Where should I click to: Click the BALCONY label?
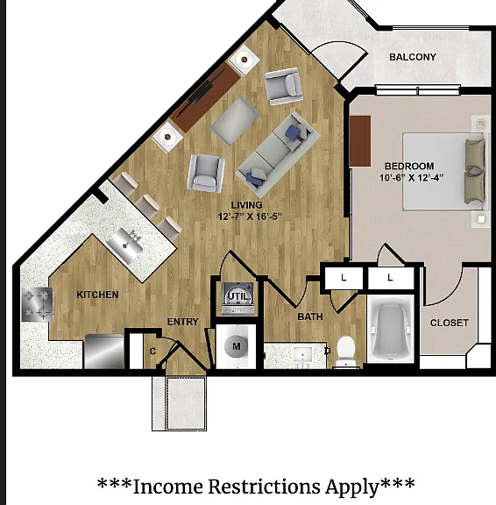pyautogui.click(x=413, y=57)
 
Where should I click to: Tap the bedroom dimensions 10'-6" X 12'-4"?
pyautogui.click(x=411, y=177)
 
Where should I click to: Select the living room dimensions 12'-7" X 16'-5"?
pyautogui.click(x=250, y=217)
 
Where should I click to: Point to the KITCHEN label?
pyautogui.click(x=97, y=295)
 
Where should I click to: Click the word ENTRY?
pyautogui.click(x=183, y=322)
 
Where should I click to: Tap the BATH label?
pyautogui.click(x=310, y=317)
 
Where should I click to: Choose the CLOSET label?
pyautogui.click(x=449, y=323)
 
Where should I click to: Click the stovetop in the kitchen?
pyautogui.click(x=37, y=304)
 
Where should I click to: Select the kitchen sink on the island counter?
pyautogui.click(x=126, y=245)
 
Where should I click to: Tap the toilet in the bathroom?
pyautogui.click(x=346, y=352)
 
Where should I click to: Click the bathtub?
pyautogui.click(x=391, y=328)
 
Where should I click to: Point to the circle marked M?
pyautogui.click(x=237, y=346)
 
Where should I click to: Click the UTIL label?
pyautogui.click(x=237, y=296)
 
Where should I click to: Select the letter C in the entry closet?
pyautogui.click(x=152, y=351)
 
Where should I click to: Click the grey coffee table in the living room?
pyautogui.click(x=234, y=121)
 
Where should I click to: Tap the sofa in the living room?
pyautogui.click(x=278, y=155)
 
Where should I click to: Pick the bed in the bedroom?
pyautogui.click(x=444, y=171)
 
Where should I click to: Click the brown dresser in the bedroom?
pyautogui.click(x=360, y=141)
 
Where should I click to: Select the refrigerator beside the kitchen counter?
pyautogui.click(x=104, y=352)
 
